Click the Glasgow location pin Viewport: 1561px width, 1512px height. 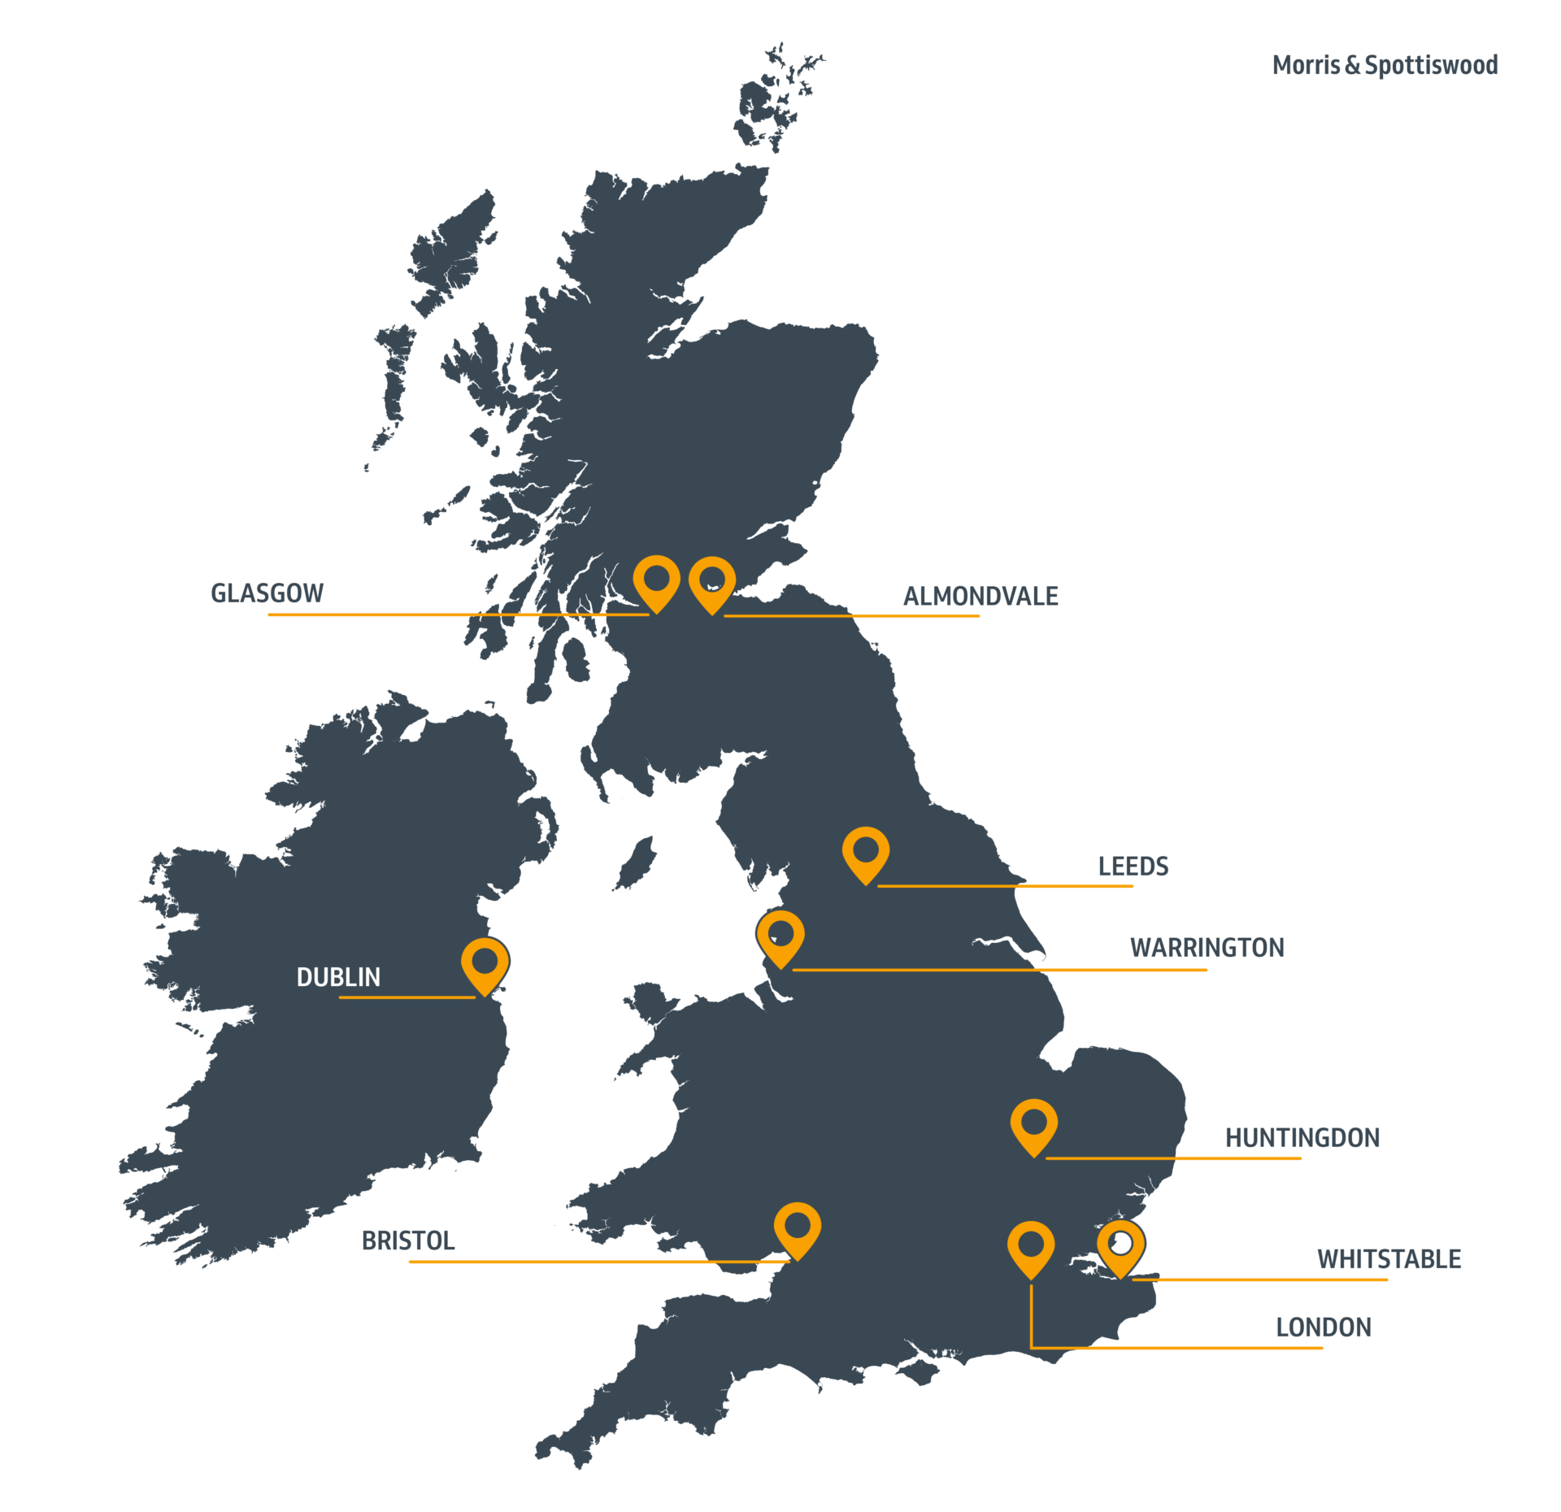tap(656, 580)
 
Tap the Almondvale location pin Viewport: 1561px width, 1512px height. tap(711, 581)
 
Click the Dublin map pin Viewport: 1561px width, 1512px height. tap(485, 963)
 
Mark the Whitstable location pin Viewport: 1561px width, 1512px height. tap(1120, 1245)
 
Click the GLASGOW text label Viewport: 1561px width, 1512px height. tap(267, 593)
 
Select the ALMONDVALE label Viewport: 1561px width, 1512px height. tap(980, 596)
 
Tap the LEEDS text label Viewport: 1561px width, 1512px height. tap(1133, 867)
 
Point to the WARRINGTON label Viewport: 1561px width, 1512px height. tap(1207, 948)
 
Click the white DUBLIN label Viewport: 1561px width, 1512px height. tap(338, 976)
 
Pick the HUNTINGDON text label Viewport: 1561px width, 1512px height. tap(1302, 1138)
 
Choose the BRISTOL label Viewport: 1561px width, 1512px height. tap(407, 1240)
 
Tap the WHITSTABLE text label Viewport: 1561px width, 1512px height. tap(1389, 1259)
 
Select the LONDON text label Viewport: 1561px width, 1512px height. tap(1323, 1327)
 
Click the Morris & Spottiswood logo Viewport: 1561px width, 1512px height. tap(1385, 65)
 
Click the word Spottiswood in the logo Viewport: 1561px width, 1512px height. tap(1431, 65)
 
